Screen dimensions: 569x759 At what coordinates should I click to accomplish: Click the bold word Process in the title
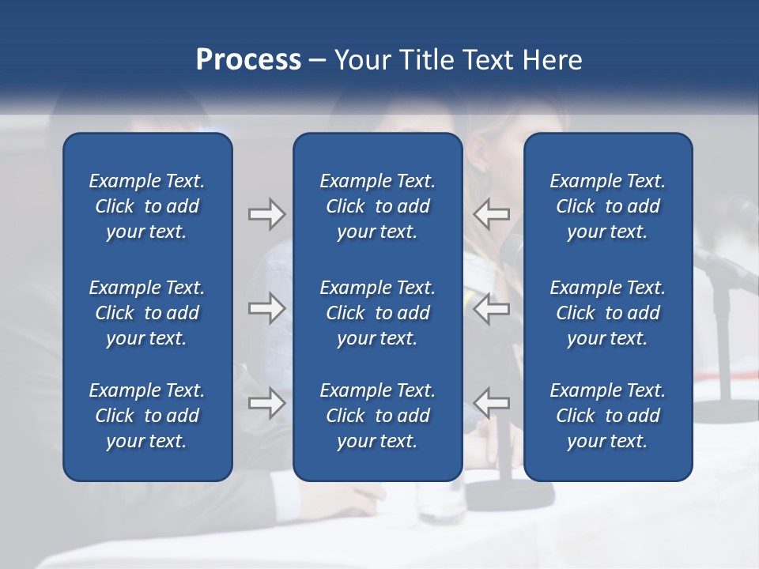248,59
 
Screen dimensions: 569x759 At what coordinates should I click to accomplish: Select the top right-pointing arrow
266,213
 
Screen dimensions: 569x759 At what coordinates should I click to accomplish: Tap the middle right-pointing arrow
266,308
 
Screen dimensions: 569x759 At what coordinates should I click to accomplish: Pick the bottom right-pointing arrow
266,403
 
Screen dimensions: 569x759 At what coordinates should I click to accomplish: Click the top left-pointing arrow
491,213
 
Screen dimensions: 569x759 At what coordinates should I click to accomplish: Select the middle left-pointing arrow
491,308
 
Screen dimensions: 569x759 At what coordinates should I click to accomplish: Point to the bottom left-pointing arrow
491,403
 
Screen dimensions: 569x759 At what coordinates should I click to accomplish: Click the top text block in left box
147,206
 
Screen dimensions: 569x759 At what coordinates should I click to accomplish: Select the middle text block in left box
147,313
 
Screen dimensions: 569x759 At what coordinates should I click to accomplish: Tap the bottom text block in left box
147,416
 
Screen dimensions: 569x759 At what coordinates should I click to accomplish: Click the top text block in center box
377,206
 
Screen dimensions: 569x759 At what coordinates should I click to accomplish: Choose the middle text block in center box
377,313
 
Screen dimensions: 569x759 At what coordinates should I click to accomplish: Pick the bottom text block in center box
377,416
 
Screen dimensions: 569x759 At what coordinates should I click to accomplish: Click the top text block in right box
607,206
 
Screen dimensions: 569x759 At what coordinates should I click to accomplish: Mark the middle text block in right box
607,313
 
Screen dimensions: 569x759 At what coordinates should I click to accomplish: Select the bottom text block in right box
607,416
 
